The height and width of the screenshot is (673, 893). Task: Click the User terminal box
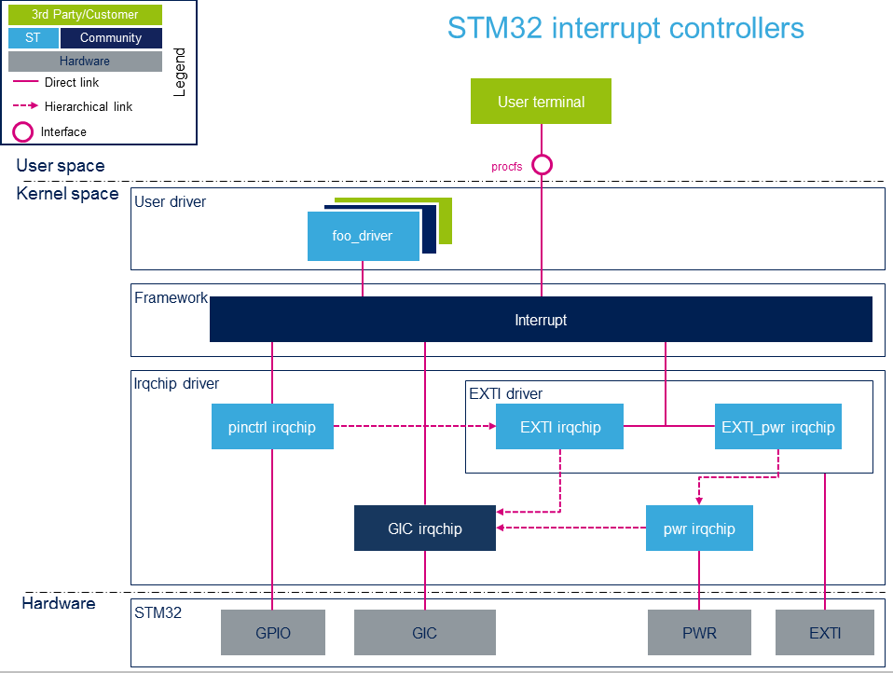click(541, 102)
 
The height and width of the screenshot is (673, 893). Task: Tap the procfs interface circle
click(542, 165)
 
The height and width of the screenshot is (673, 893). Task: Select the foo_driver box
click(362, 236)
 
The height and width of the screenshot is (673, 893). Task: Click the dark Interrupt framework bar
click(541, 320)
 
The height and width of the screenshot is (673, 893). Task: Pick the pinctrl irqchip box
click(272, 427)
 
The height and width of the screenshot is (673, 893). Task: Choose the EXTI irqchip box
click(560, 427)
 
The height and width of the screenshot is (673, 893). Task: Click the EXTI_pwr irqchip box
click(778, 427)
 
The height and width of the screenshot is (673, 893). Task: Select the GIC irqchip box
click(425, 529)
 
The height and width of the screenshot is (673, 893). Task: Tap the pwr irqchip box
click(699, 529)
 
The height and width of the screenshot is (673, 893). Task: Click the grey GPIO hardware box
click(273, 633)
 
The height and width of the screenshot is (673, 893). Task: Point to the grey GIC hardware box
click(425, 633)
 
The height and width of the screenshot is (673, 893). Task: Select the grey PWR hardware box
click(699, 633)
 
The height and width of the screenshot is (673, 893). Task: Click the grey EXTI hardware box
click(825, 633)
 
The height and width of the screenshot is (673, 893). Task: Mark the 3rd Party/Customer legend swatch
click(85, 15)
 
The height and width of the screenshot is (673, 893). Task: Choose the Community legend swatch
click(111, 38)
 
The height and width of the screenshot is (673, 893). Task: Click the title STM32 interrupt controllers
click(625, 28)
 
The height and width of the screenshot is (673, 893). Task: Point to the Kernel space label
click(68, 194)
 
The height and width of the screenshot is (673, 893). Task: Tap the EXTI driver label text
click(505, 393)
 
